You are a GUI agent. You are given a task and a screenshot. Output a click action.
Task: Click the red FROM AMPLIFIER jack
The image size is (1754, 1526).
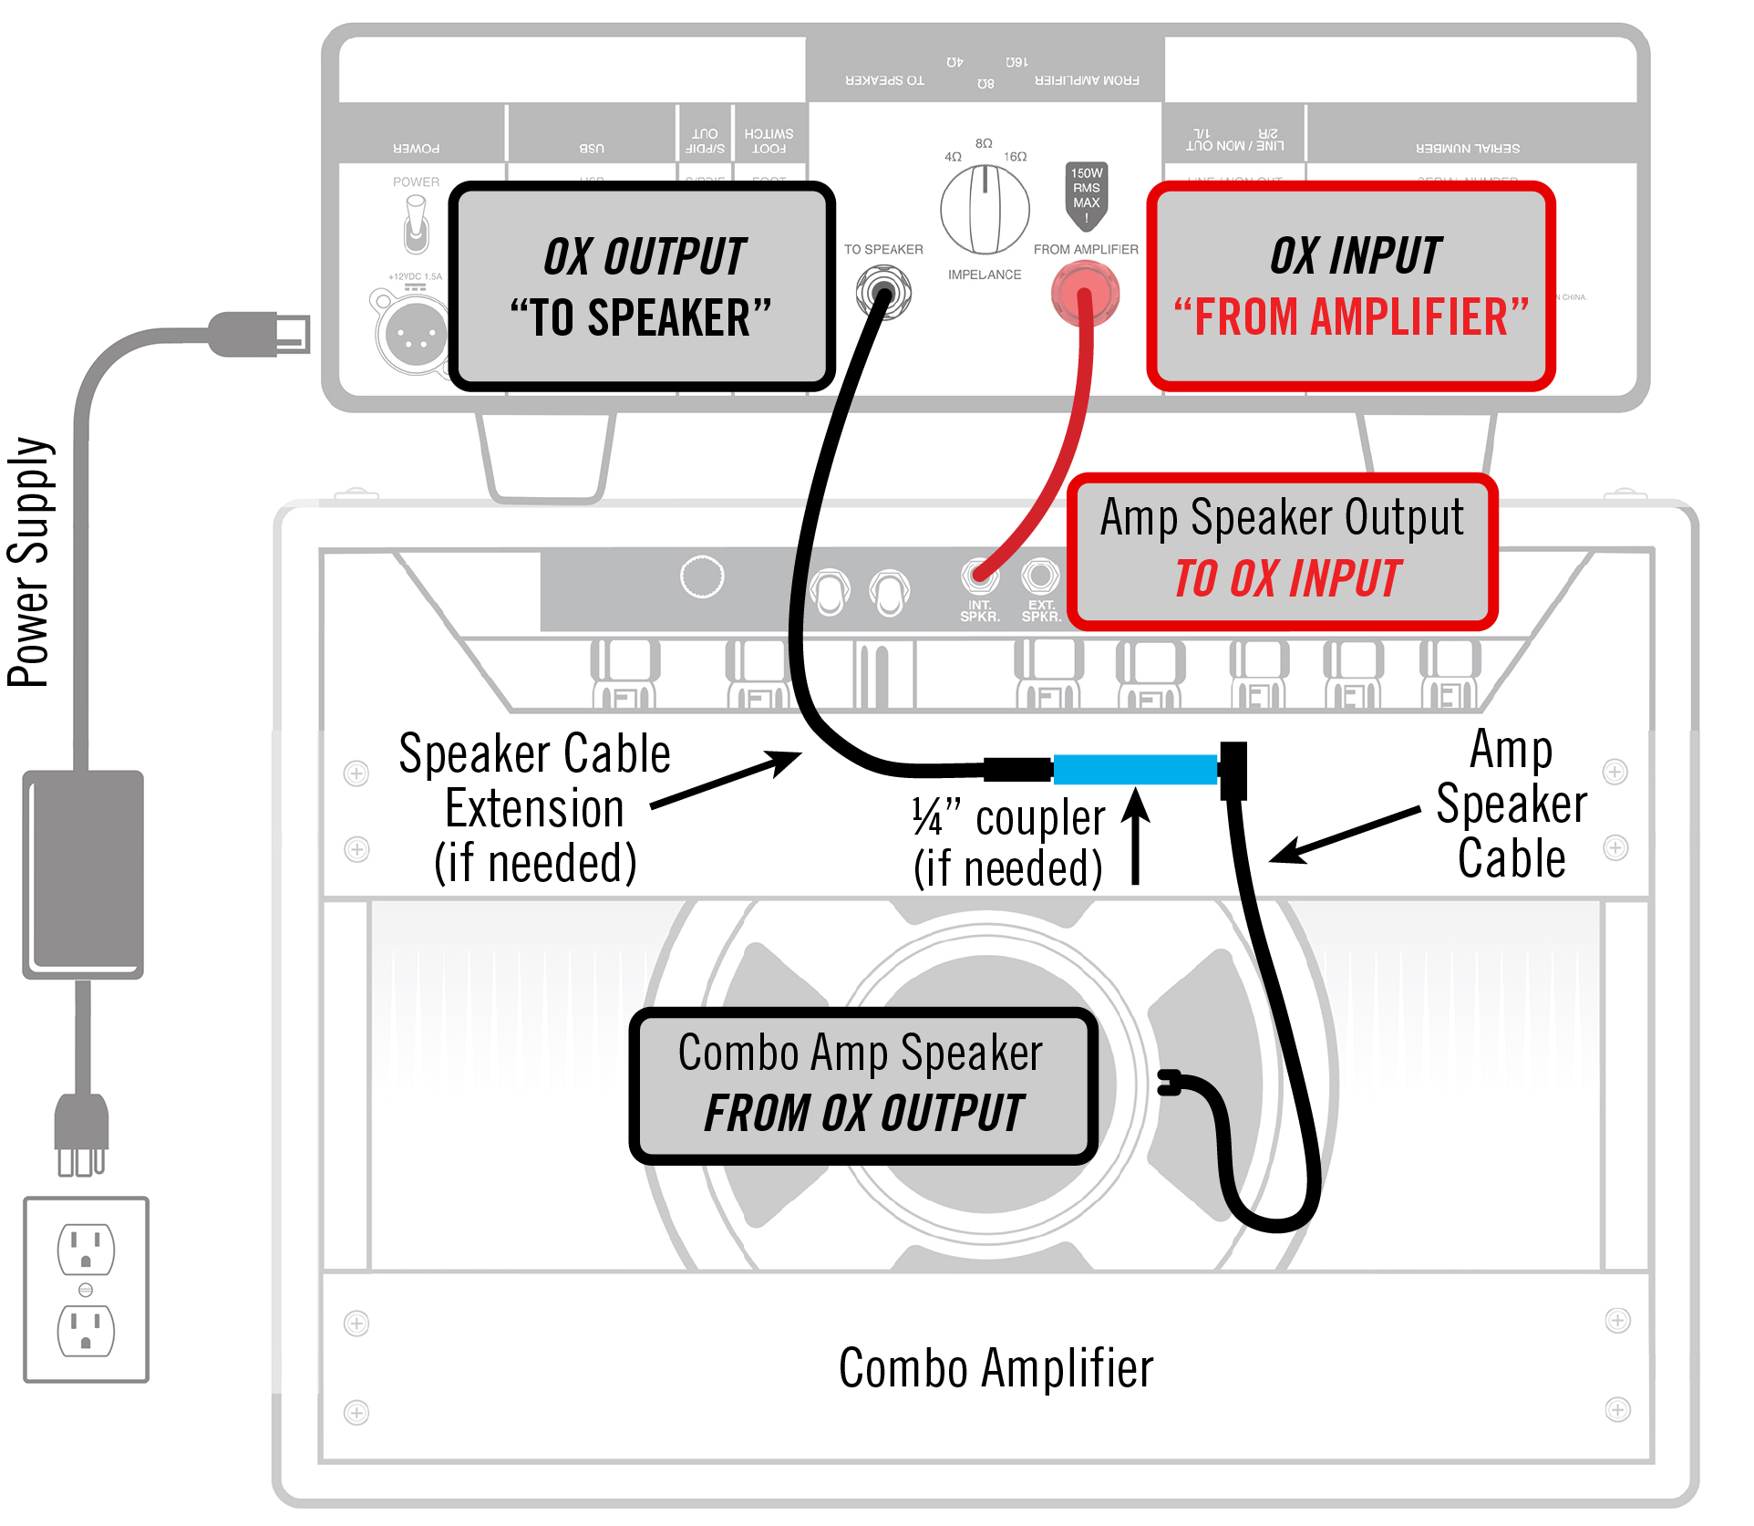coord(1084,293)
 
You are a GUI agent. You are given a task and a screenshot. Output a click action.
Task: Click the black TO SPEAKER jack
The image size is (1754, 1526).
coord(882,293)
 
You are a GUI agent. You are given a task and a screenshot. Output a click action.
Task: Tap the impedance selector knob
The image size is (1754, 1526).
coord(985,210)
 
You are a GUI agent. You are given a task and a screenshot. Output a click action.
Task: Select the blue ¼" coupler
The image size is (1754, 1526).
coord(1135,769)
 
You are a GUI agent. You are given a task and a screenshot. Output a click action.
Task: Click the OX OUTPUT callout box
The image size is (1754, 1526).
coord(642,286)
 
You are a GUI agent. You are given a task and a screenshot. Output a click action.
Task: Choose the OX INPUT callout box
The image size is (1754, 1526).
coord(1351,286)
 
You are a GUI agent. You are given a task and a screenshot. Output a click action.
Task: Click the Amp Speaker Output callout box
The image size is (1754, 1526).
coord(1283,551)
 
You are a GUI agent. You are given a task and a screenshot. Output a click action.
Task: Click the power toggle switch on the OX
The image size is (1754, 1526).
coord(416,224)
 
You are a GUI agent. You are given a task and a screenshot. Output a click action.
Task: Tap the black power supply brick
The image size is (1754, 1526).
coord(83,874)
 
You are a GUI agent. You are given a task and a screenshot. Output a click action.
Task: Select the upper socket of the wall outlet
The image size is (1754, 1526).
coord(86,1249)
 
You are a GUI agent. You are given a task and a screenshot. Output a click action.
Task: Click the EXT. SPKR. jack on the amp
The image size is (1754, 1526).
coord(1040,576)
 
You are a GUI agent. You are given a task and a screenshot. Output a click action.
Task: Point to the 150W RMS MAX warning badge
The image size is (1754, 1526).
coord(1086,193)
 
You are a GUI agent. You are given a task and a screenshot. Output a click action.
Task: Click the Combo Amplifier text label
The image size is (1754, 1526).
coord(996,1368)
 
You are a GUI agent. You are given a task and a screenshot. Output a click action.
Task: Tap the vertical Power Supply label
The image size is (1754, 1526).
coord(29,562)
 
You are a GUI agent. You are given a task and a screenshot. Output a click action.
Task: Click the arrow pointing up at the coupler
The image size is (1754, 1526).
coord(1135,835)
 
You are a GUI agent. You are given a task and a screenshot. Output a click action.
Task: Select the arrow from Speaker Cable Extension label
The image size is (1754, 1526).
coord(725,780)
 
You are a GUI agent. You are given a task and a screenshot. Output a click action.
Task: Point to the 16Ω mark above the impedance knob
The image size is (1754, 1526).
coord(1016,157)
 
